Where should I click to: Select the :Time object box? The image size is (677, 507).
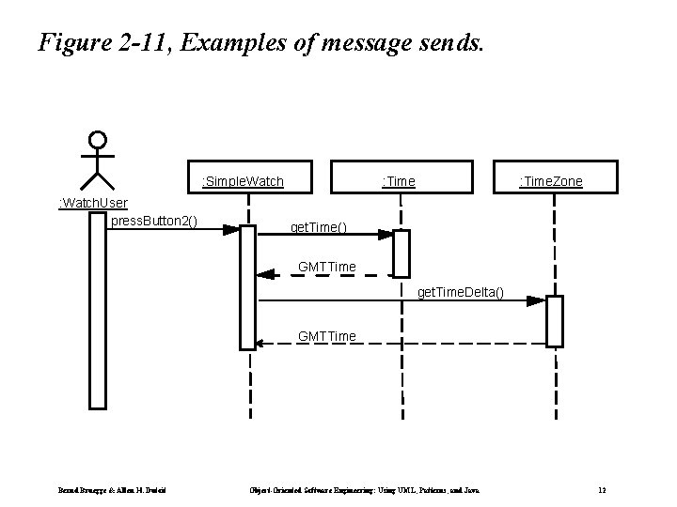[x=401, y=180]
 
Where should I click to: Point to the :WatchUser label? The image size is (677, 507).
[x=93, y=203]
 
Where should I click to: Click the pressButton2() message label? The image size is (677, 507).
[x=153, y=221]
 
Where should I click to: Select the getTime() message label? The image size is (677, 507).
[x=318, y=228]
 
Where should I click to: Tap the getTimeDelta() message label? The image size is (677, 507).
[x=460, y=293]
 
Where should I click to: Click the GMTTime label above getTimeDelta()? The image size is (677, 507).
[x=326, y=267]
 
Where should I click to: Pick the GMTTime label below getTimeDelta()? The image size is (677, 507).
[x=326, y=335]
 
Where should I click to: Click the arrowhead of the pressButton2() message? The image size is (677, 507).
[x=231, y=228]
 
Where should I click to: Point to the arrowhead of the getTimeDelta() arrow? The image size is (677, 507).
[x=536, y=301]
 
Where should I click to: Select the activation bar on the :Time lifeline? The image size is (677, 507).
[x=401, y=253]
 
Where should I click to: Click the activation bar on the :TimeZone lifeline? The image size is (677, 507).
[x=555, y=321]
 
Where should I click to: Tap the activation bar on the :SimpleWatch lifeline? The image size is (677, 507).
[x=248, y=286]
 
